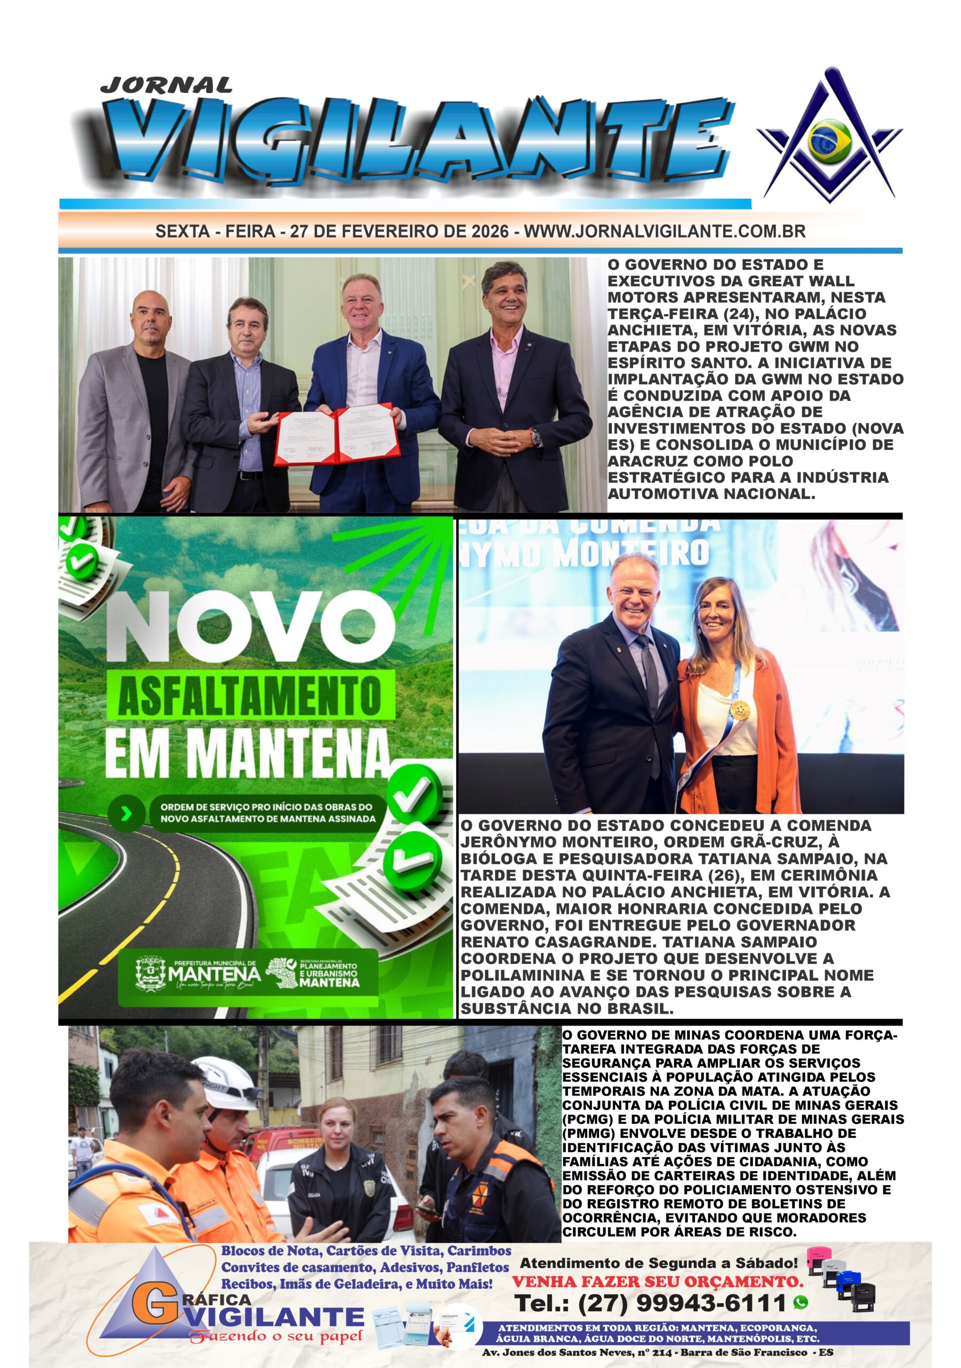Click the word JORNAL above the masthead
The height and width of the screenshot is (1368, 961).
pyautogui.click(x=166, y=85)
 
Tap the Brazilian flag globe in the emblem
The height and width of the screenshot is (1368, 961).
pyautogui.click(x=829, y=141)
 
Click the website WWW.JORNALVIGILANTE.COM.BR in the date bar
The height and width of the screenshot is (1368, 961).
pyautogui.click(x=664, y=231)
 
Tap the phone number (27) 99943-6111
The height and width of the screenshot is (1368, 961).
pyautogui.click(x=650, y=1303)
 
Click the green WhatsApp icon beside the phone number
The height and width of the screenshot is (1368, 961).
pyautogui.click(x=801, y=1303)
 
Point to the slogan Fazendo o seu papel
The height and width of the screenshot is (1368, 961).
pyautogui.click(x=275, y=1336)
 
